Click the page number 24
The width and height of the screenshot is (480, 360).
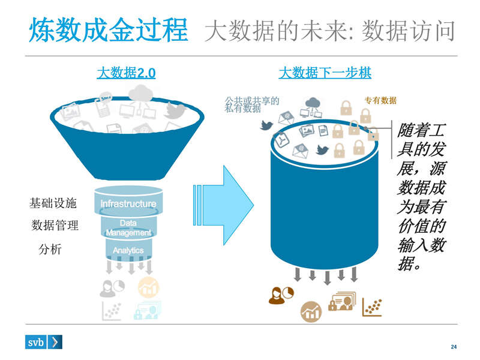(x=454, y=347)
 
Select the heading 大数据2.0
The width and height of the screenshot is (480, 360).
(x=126, y=73)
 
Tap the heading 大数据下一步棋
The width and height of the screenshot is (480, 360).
(x=325, y=73)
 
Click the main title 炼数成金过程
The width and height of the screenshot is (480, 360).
(x=109, y=30)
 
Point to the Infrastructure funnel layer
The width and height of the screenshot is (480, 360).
(x=128, y=203)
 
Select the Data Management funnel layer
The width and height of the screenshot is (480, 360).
(x=128, y=227)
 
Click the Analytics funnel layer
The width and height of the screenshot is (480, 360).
(x=128, y=250)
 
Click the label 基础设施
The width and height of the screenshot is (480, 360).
(x=53, y=203)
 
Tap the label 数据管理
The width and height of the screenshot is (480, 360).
(x=55, y=226)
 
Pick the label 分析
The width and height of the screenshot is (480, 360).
(x=50, y=250)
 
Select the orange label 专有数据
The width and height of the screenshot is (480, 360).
(x=380, y=101)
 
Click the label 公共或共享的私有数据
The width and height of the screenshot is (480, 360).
(x=251, y=104)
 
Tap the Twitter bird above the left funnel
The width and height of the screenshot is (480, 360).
(x=175, y=110)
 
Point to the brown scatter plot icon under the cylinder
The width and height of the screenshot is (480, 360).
(x=372, y=307)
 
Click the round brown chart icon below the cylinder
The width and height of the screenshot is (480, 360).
(x=311, y=311)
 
